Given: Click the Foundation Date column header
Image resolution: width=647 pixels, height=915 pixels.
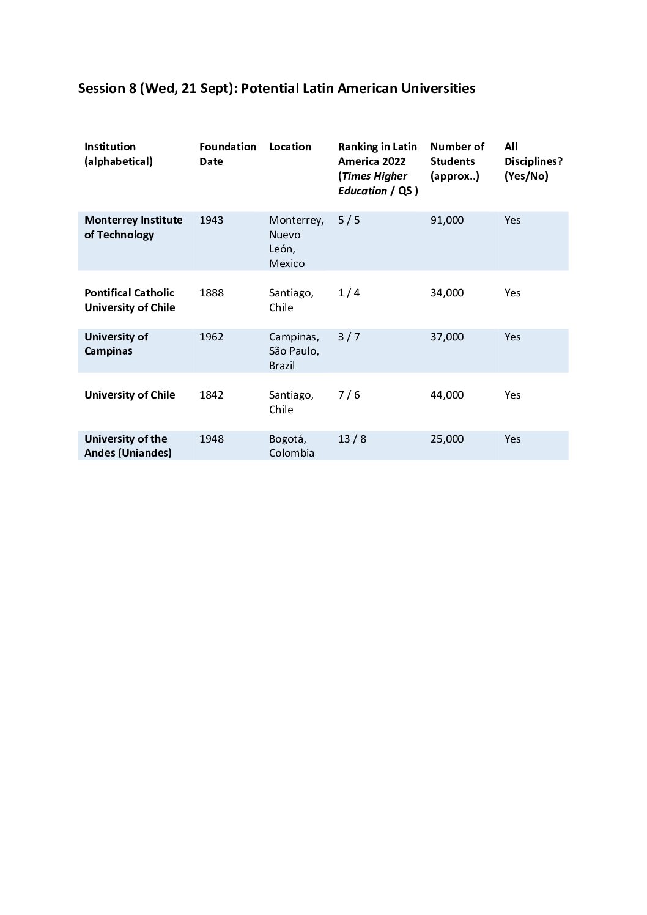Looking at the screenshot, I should tap(227, 154).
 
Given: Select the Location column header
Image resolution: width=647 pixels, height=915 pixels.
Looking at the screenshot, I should tap(290, 147).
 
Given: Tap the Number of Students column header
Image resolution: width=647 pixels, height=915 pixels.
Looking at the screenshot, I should tap(457, 161).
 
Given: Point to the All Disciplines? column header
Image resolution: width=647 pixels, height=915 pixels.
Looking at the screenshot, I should tap(533, 161).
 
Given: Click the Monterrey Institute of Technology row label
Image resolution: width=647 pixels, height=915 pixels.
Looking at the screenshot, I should tap(133, 227).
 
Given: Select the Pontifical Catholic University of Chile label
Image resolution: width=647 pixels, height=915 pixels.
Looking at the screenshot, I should tap(130, 300).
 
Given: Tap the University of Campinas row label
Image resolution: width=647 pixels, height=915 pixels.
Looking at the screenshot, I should tap(116, 344).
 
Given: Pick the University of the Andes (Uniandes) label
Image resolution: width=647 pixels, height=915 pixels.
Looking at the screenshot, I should tap(128, 446).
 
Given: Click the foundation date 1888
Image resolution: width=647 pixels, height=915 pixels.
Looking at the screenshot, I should tap(212, 293).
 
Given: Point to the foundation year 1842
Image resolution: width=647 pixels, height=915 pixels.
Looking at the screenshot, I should tap(212, 395).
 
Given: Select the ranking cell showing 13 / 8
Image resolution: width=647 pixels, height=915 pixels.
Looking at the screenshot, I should tap(352, 439).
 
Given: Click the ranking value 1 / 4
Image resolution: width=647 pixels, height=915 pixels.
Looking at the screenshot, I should tap(349, 293).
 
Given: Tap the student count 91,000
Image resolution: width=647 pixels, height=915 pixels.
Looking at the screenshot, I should tap(446, 220).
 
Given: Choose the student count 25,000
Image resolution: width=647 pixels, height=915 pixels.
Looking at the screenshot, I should tap(446, 439).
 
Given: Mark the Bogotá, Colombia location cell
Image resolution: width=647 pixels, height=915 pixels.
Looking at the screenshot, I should tap(291, 446).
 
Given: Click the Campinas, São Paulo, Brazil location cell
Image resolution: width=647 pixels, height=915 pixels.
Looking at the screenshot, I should tap(294, 351).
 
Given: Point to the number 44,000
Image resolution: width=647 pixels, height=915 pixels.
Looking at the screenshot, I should tap(446, 395).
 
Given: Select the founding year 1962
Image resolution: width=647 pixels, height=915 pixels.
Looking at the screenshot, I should tap(212, 337).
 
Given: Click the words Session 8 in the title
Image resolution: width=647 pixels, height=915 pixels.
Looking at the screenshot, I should tap(106, 89).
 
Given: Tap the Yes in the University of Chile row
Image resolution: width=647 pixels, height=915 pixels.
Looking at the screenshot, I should tap(512, 395).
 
